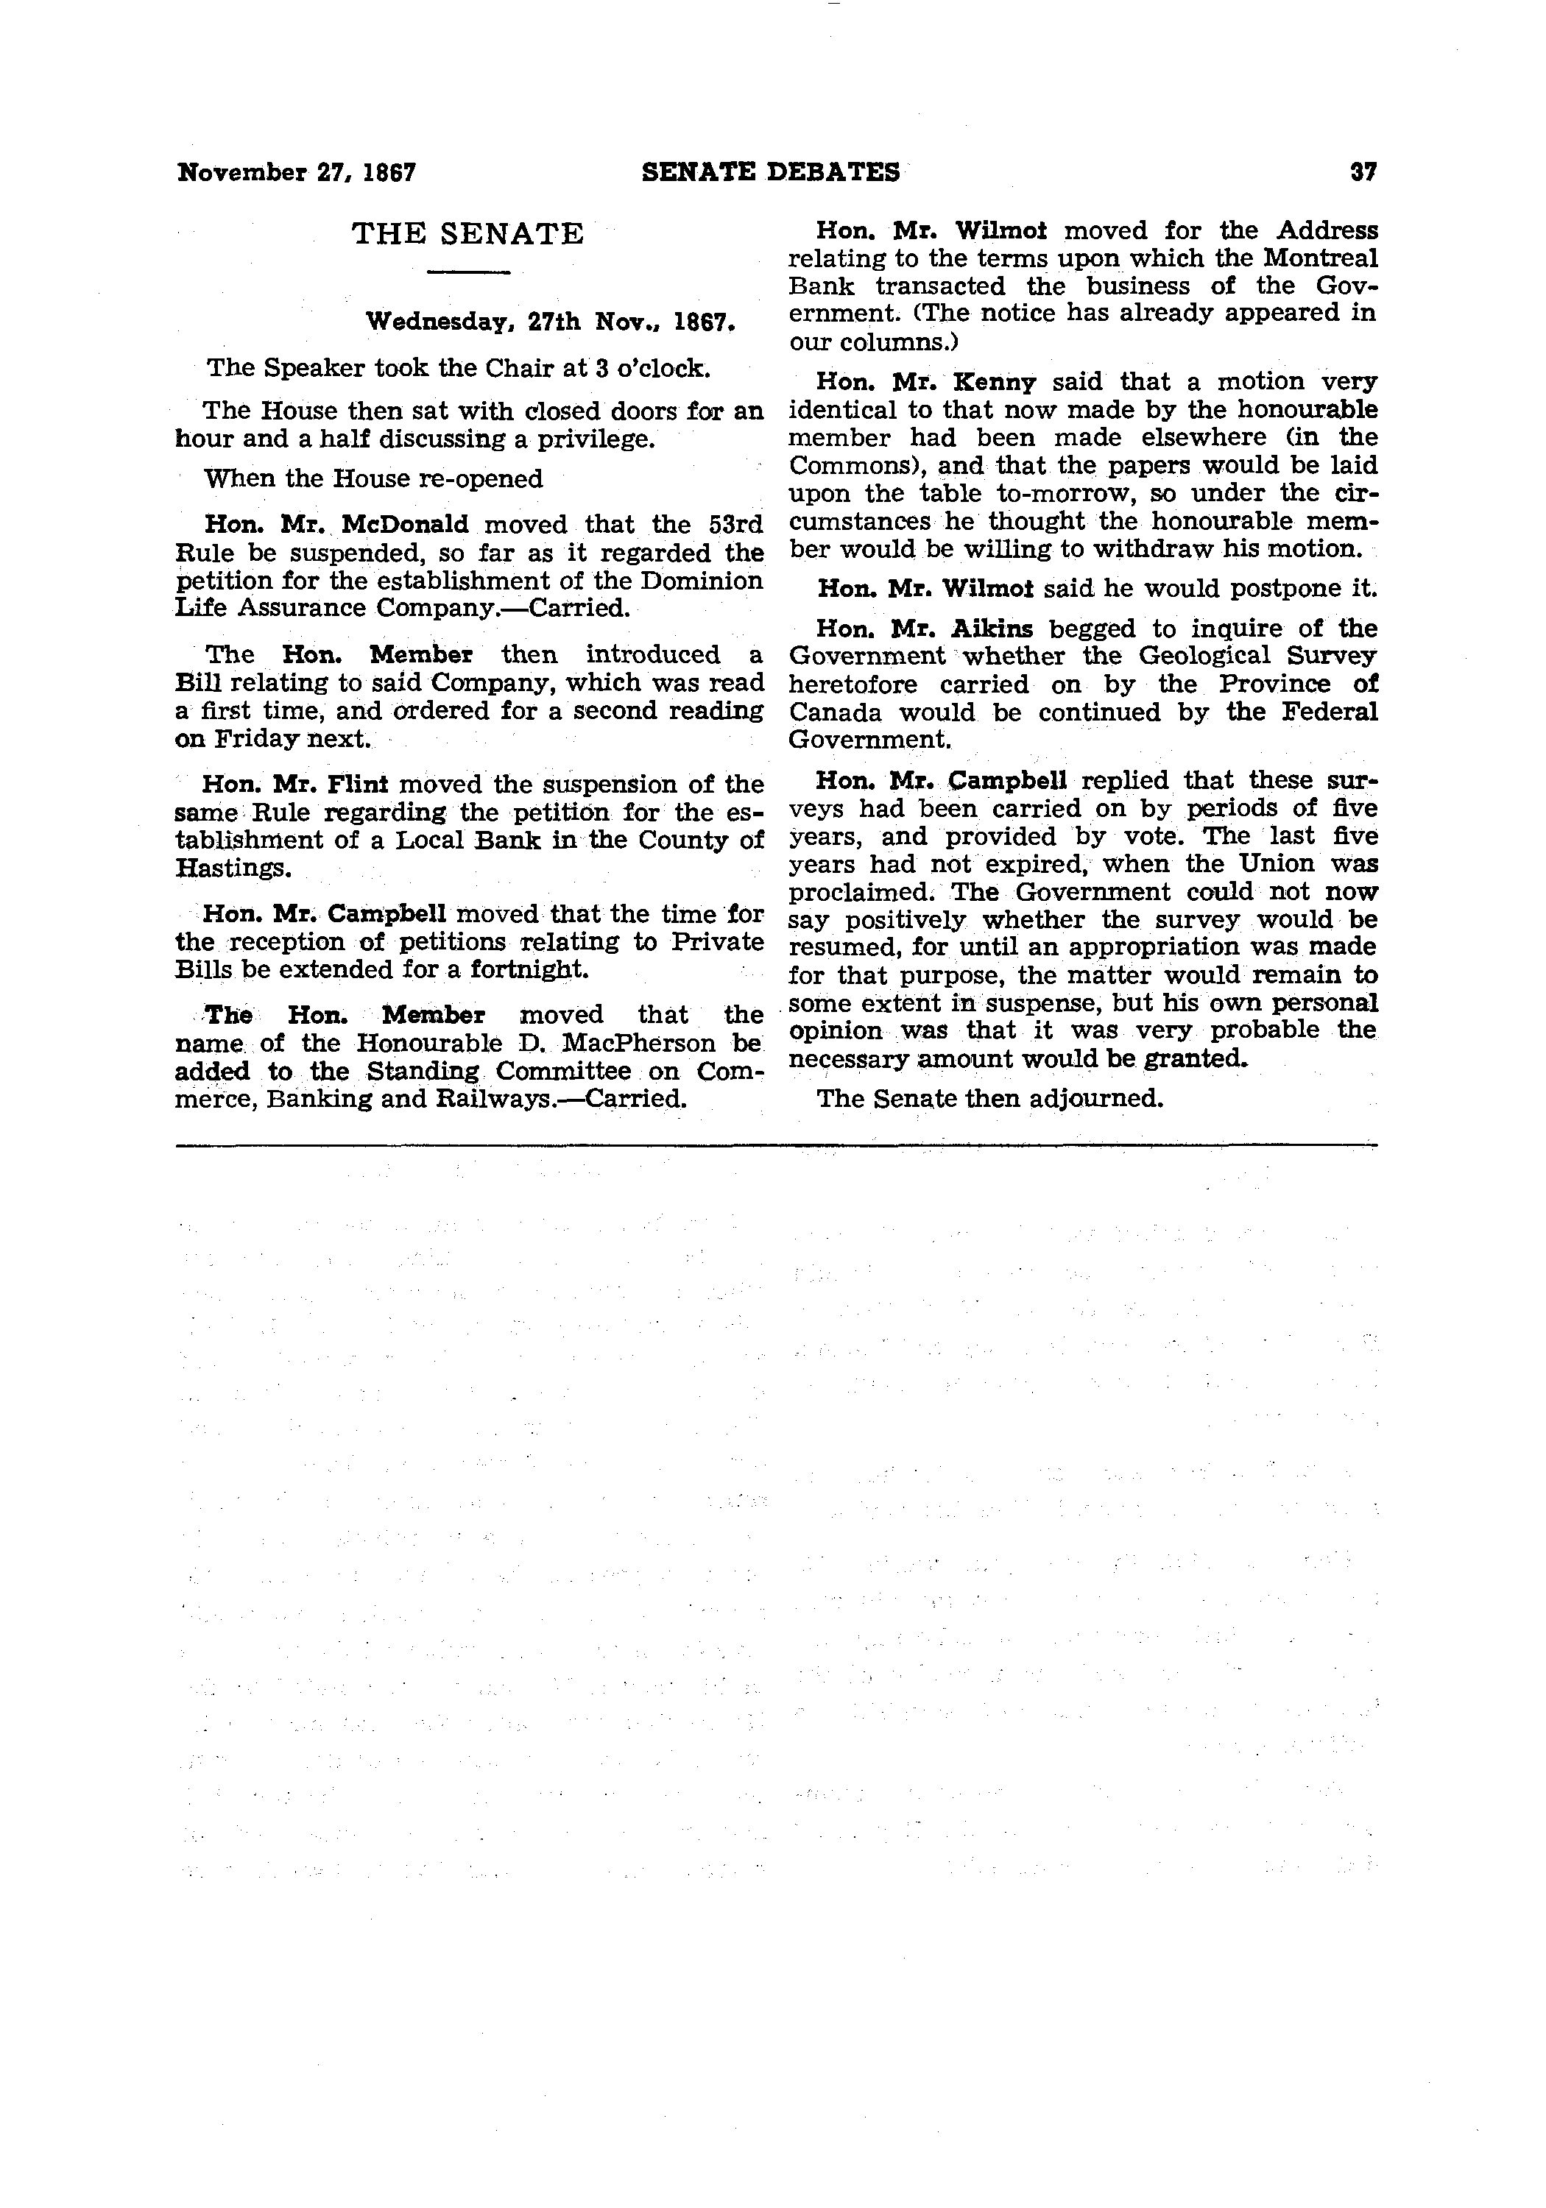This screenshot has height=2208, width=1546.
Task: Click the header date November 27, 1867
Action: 296,173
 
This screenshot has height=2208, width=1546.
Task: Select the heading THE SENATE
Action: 467,234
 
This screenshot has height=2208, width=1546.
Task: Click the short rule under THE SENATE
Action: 467,275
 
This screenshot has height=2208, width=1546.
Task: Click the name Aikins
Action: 991,629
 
